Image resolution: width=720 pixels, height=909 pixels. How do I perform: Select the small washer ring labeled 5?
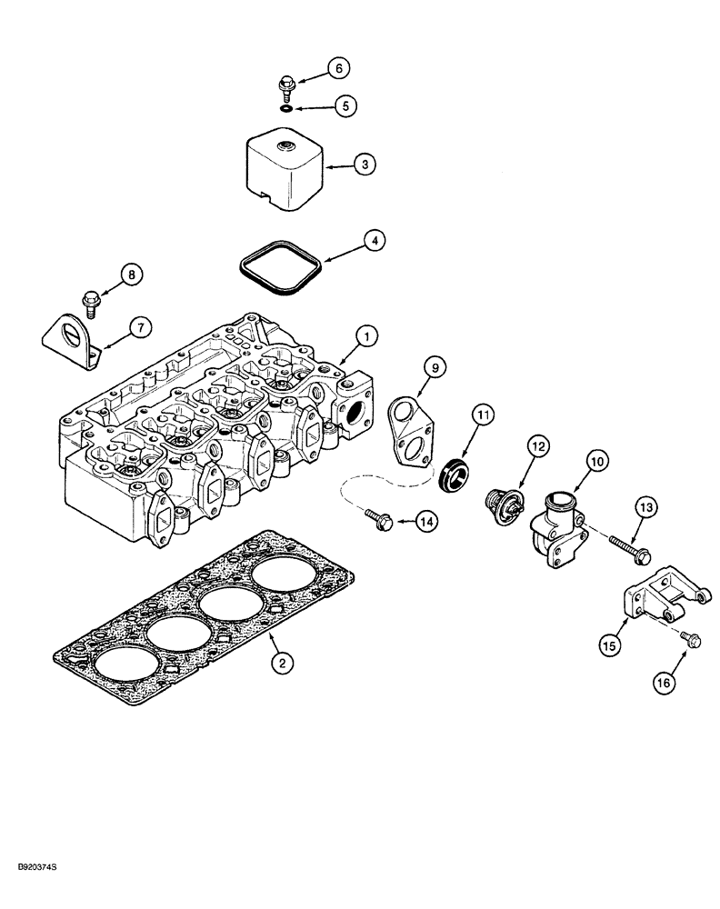(x=285, y=108)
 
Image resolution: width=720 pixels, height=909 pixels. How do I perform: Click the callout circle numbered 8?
(x=132, y=274)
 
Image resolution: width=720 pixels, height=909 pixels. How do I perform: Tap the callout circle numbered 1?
(x=366, y=337)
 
